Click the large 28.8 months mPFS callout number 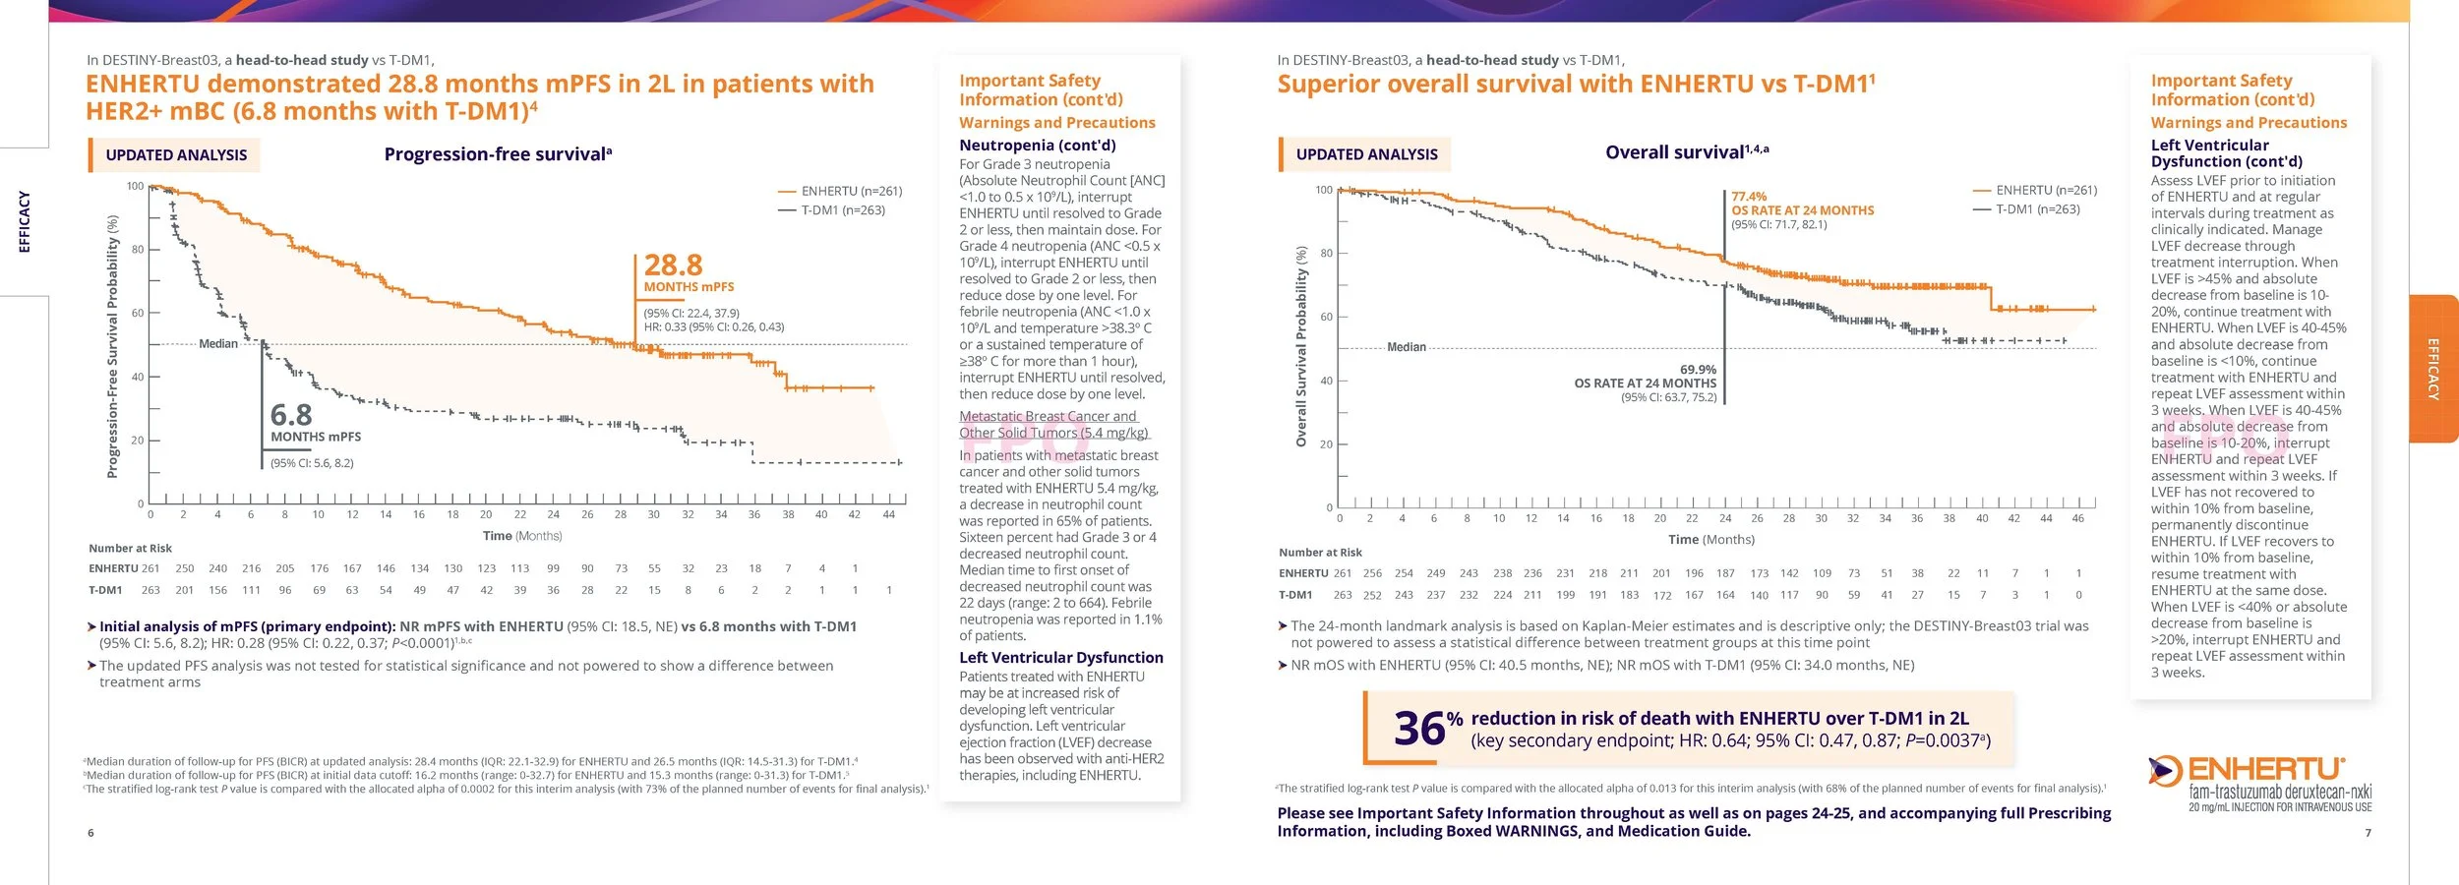coord(673,265)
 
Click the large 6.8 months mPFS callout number coord(291,415)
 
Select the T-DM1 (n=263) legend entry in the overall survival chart coord(2037,209)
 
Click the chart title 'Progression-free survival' coord(497,154)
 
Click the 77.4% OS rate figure coord(1749,197)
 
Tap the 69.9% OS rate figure coord(1698,370)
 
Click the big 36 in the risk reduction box coord(1418,729)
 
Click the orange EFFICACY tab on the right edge coord(2433,369)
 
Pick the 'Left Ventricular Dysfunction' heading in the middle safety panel coord(1060,658)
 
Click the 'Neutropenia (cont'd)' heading coord(1037,146)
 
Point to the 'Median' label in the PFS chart coord(218,344)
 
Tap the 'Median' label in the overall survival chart coord(1406,347)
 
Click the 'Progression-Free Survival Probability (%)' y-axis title coord(112,347)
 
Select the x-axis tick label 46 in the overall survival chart coord(2077,518)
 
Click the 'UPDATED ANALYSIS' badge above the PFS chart coord(176,155)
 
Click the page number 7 coord(2368,833)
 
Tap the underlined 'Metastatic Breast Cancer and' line coord(1048,417)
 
